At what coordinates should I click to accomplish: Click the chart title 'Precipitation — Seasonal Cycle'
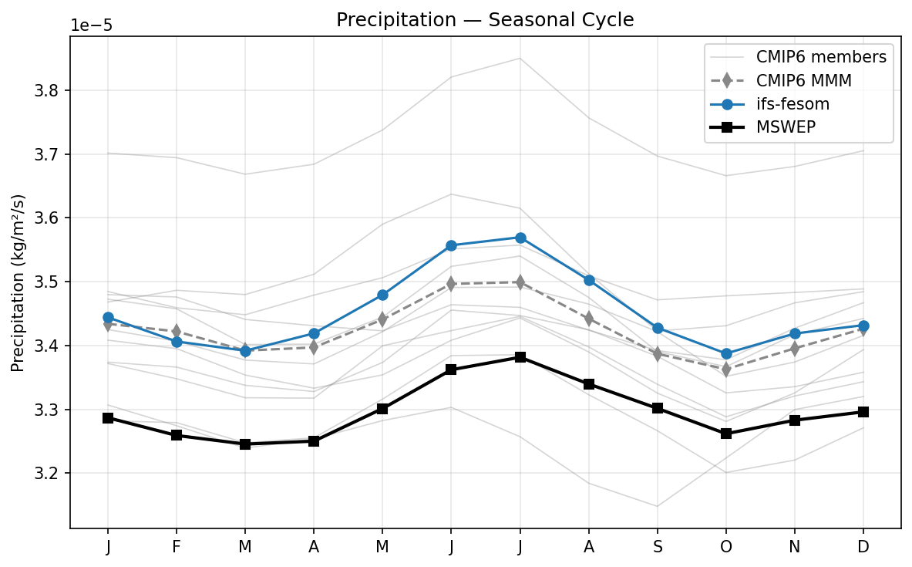485,20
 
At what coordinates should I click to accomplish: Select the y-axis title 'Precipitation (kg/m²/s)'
18,282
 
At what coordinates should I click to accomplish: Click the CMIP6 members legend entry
821,56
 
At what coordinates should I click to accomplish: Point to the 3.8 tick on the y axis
52,91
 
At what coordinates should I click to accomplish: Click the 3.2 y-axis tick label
52,474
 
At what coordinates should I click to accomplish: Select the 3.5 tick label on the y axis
52,282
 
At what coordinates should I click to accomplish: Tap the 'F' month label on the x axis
177,547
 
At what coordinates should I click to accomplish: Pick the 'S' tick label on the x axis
657,547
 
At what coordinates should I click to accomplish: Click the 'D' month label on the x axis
863,547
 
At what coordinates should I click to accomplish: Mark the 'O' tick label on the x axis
726,547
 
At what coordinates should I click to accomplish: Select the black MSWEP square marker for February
177,435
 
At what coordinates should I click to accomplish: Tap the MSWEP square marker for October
726,434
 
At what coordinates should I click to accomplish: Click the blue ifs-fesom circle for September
658,329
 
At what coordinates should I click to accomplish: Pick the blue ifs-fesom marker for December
863,326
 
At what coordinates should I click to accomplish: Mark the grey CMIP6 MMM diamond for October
726,370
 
